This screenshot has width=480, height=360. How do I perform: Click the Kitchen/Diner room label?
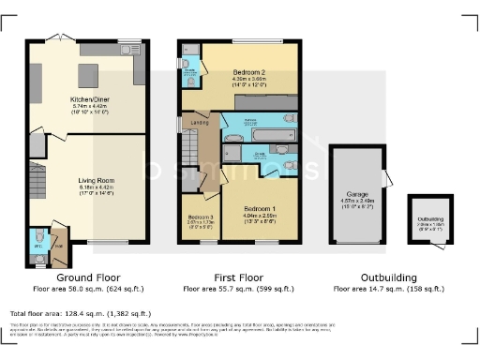(86, 98)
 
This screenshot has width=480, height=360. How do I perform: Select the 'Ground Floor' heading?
(85, 277)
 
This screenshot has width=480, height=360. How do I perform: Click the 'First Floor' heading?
(238, 277)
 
